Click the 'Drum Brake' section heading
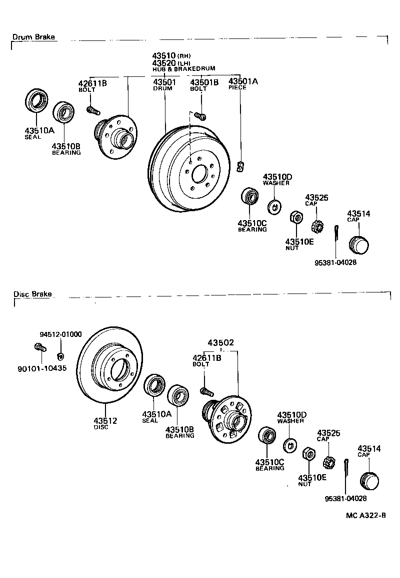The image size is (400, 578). pyautogui.click(x=33, y=37)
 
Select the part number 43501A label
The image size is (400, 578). pyautogui.click(x=243, y=81)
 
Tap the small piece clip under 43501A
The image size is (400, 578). pyautogui.click(x=240, y=166)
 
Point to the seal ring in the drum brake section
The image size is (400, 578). pyautogui.click(x=36, y=102)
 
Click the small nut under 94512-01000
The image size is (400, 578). pyautogui.click(x=60, y=356)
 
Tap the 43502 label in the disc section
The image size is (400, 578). pyautogui.click(x=221, y=343)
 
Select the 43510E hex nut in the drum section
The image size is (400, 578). pyautogui.click(x=295, y=217)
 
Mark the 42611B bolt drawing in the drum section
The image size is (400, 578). pyautogui.click(x=92, y=109)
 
